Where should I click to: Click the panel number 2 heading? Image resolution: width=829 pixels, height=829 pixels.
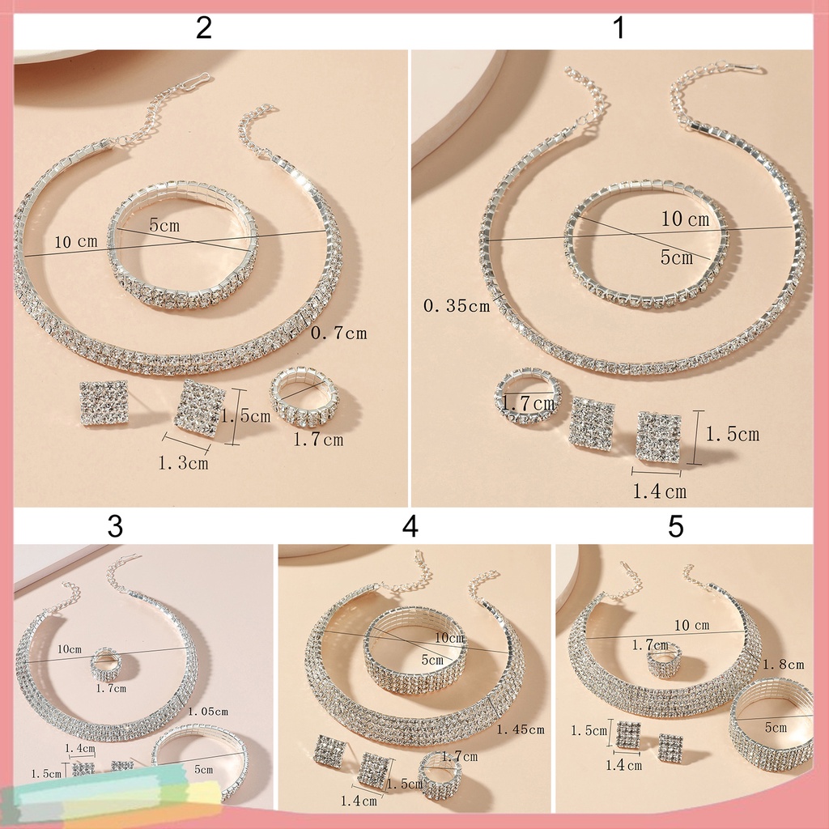coord(203,29)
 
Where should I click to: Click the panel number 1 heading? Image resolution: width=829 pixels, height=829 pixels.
coord(619,29)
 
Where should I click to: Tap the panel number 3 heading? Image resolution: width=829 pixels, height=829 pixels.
coord(115,526)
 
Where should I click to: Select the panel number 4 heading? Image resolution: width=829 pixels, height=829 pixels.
coord(410,526)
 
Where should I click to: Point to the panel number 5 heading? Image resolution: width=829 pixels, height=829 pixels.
coord(676,526)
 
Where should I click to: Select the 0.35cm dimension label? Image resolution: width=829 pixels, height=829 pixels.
coord(457,306)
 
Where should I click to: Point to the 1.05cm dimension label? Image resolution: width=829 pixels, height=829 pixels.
coord(207,711)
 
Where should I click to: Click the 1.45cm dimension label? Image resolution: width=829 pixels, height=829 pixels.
coord(520,729)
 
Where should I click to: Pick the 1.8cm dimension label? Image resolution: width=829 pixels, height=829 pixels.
coord(783,664)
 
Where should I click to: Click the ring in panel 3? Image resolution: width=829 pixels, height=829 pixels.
coord(106,664)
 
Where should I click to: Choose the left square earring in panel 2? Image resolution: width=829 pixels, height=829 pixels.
coord(104,403)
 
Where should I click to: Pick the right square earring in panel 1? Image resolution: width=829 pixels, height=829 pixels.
coord(658,437)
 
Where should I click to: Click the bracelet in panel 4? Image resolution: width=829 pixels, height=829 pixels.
coord(414,656)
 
